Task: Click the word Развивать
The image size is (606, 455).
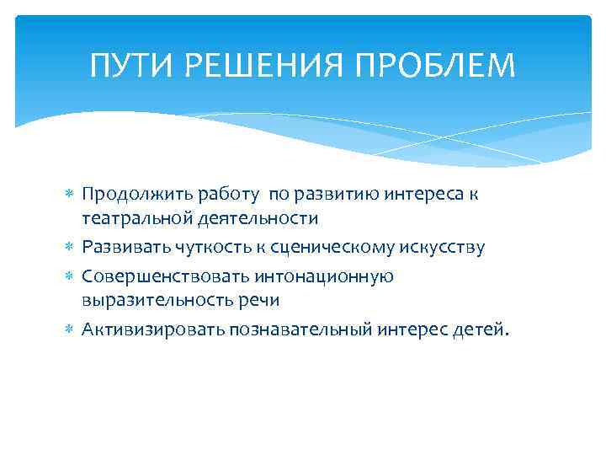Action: pyautogui.click(x=125, y=247)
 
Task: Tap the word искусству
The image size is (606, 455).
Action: pyautogui.click(x=442, y=247)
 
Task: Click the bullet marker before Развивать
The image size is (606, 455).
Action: pyautogui.click(x=71, y=248)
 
